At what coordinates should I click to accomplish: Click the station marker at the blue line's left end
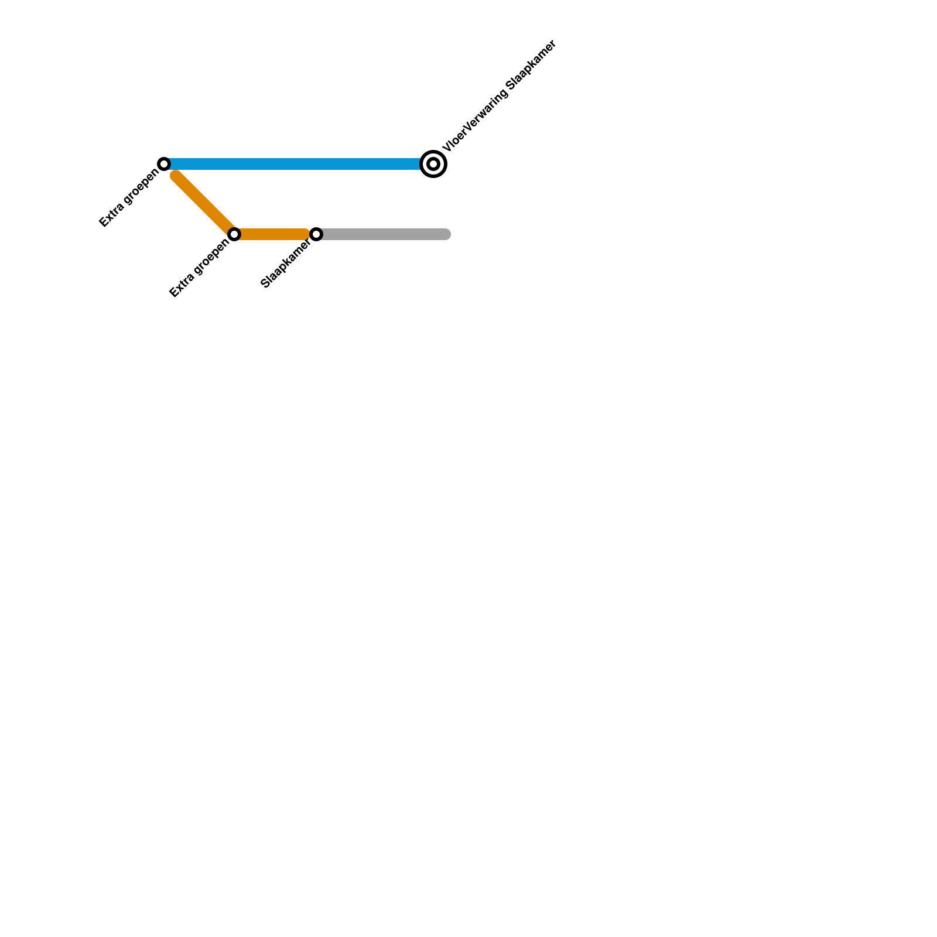pos(165,163)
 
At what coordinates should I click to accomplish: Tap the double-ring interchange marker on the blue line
pos(433,164)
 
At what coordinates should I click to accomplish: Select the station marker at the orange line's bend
pos(234,234)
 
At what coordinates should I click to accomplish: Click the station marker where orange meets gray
pos(316,234)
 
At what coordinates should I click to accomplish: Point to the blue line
pos(293,164)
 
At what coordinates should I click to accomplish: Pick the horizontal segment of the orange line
pos(272,234)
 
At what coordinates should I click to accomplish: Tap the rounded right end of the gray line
pos(446,234)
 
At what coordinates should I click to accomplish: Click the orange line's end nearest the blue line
pos(176,175)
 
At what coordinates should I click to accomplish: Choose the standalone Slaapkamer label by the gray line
pos(285,265)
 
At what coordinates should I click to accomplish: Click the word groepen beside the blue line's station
pos(141,186)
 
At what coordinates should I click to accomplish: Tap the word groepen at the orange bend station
pos(211,257)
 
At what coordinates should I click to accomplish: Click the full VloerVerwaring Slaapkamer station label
pos(500,96)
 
